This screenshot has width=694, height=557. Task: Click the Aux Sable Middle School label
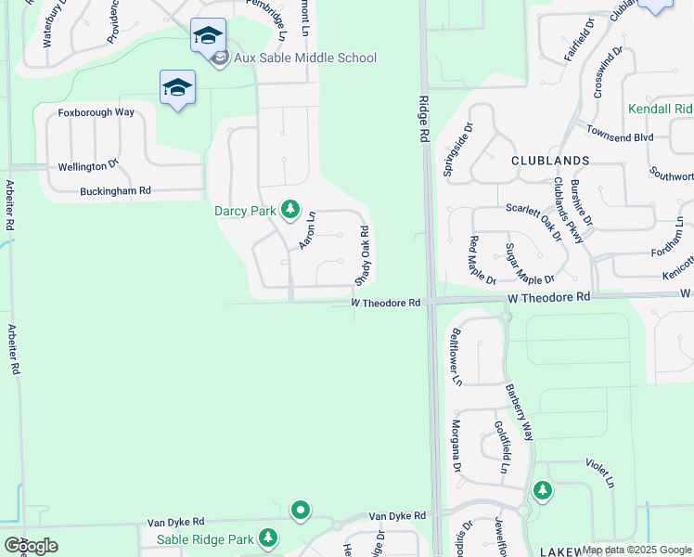coord(305,58)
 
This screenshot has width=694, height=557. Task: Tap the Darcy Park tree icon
coord(290,210)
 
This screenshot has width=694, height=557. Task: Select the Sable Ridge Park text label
coord(204,539)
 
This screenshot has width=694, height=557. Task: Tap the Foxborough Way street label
coord(96,112)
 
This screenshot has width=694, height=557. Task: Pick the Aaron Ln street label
coord(307,231)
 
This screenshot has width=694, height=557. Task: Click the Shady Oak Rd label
coord(365,255)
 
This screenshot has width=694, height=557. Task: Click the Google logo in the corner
coord(31,546)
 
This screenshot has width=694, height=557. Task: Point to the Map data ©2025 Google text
coord(636,550)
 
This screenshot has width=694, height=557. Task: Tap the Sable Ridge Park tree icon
coord(268,538)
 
